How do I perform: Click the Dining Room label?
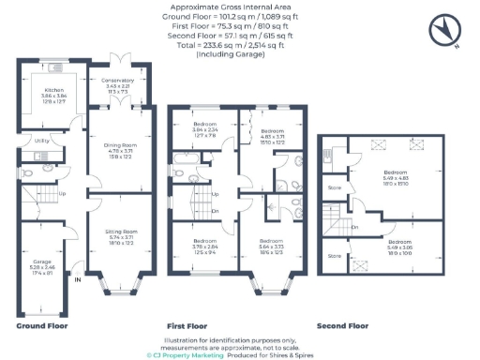click(120, 146)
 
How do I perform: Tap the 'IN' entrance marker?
click(78, 279)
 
